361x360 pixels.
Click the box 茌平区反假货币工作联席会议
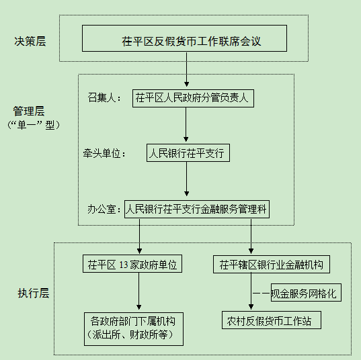pyautogui.click(x=184, y=39)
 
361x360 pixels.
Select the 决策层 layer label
pyautogui.click(x=30, y=42)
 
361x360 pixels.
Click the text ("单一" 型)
pyautogui.click(x=31, y=126)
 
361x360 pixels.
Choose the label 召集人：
pyautogui.click(x=104, y=98)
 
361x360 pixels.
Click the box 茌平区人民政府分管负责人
pyautogui.click(x=194, y=98)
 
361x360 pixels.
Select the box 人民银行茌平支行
pyautogui.click(x=188, y=154)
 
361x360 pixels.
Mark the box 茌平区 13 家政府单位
pyautogui.click(x=131, y=264)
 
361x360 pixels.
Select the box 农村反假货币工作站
pyautogui.click(x=271, y=320)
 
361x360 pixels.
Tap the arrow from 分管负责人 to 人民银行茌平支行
pyautogui.click(x=186, y=126)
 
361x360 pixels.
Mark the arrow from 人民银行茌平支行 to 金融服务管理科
pyautogui.click(x=186, y=181)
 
